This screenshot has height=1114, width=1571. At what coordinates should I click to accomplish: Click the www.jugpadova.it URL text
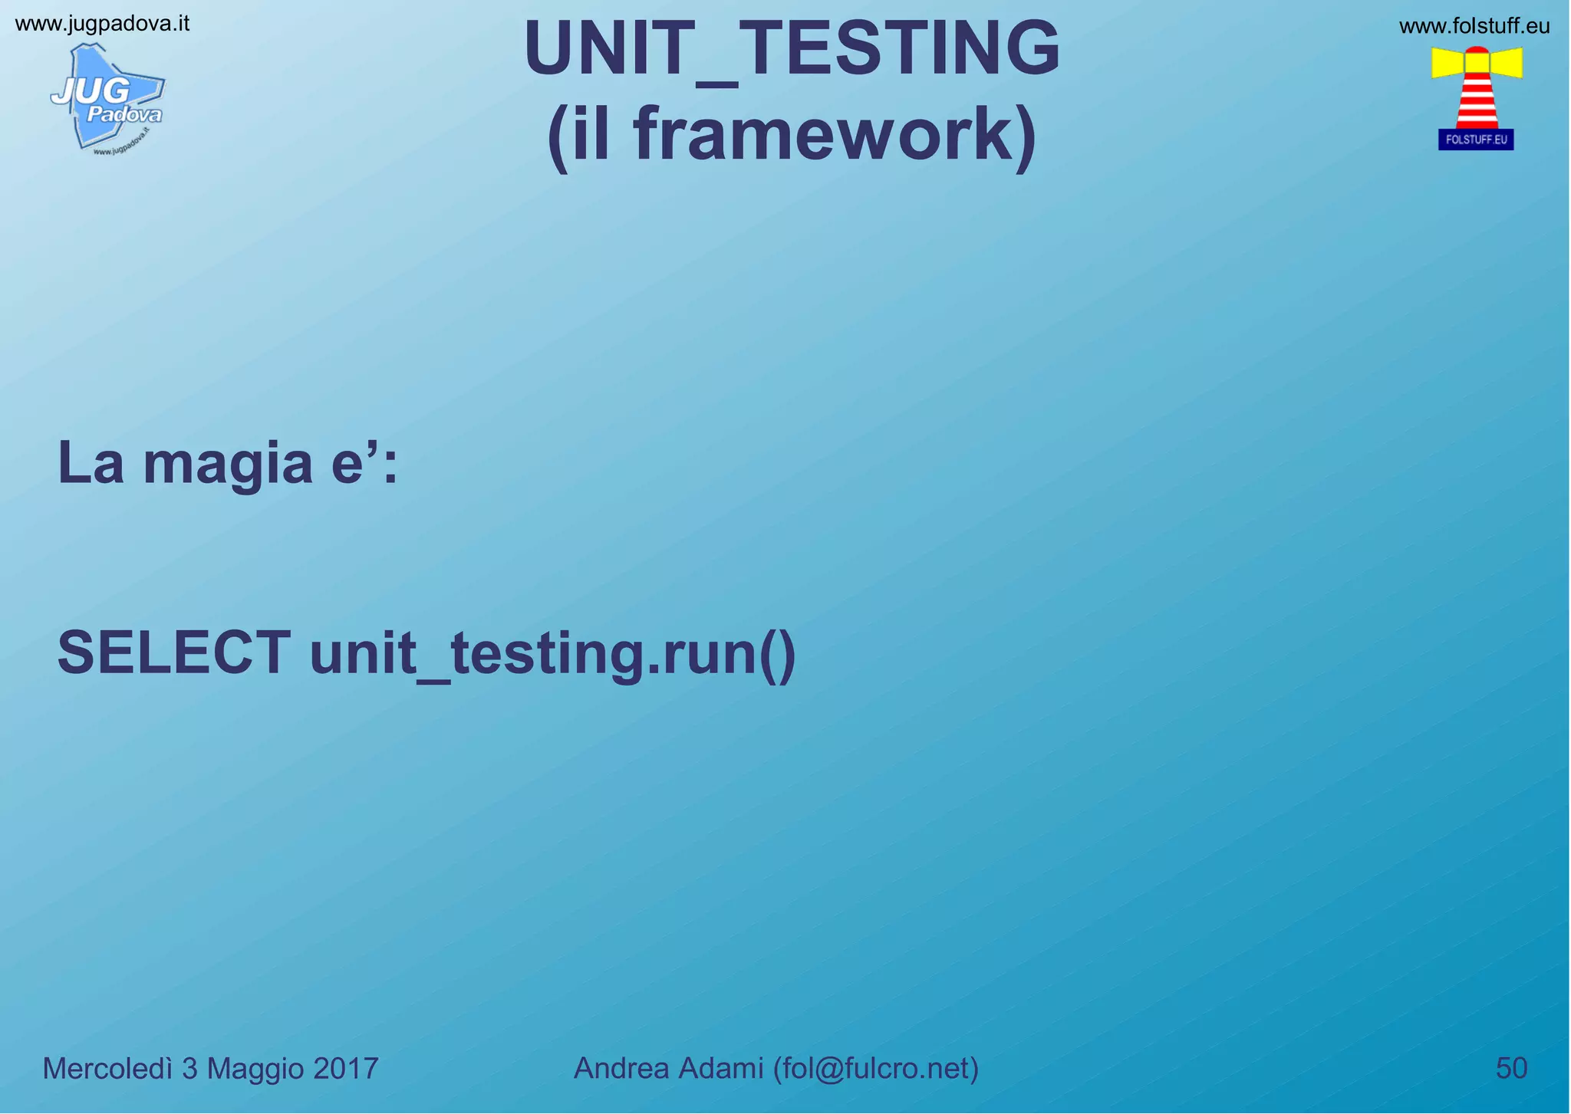click(102, 24)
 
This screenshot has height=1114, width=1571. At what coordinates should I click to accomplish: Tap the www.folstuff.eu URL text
click(1474, 27)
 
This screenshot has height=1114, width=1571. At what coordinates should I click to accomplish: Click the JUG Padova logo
click(107, 98)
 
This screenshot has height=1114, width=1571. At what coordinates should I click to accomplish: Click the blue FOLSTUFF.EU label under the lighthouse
click(1475, 140)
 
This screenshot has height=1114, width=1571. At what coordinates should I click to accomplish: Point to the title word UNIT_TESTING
click(792, 49)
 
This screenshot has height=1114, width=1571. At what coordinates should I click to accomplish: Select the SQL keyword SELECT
click(174, 652)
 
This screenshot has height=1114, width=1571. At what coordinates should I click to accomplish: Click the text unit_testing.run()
click(552, 654)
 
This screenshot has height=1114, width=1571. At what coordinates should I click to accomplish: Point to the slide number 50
click(1511, 1068)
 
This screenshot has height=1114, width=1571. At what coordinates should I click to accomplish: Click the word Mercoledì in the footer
click(107, 1069)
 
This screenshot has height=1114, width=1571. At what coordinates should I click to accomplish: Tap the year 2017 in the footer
click(345, 1069)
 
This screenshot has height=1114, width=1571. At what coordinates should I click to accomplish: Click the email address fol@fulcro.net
click(876, 1068)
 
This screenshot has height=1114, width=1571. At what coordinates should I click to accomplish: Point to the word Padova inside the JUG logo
click(124, 116)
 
